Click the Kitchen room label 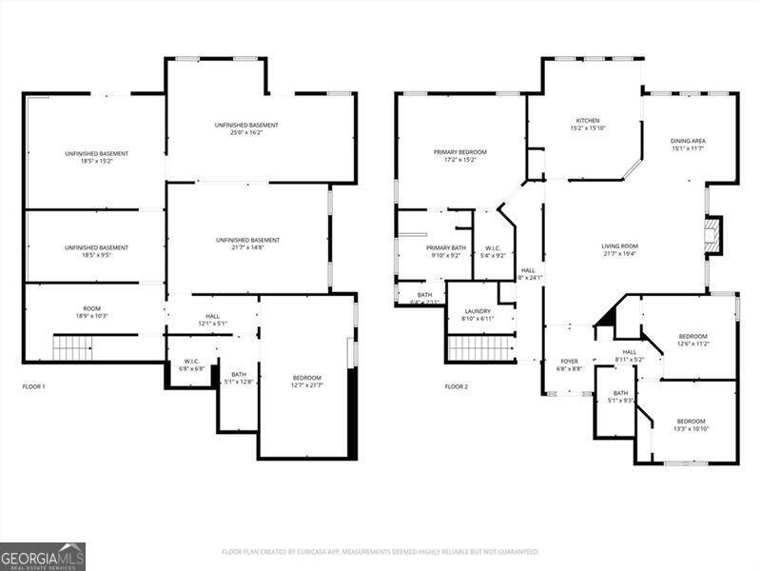pos(587,124)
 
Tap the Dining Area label pos(688,145)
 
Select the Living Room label pos(619,249)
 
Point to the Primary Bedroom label pos(460,156)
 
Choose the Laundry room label pos(477,314)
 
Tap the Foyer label pos(569,364)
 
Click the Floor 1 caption pos(34,386)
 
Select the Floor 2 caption pos(457,386)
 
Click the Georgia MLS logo pos(43,556)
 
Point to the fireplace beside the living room pos(712,236)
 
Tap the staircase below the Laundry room pos(480,348)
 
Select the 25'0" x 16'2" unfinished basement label pos(246,129)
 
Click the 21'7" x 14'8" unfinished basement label pos(247,244)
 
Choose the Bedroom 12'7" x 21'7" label pos(306,381)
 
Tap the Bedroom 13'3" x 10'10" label pos(691,424)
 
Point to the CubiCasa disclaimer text pos(380,551)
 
